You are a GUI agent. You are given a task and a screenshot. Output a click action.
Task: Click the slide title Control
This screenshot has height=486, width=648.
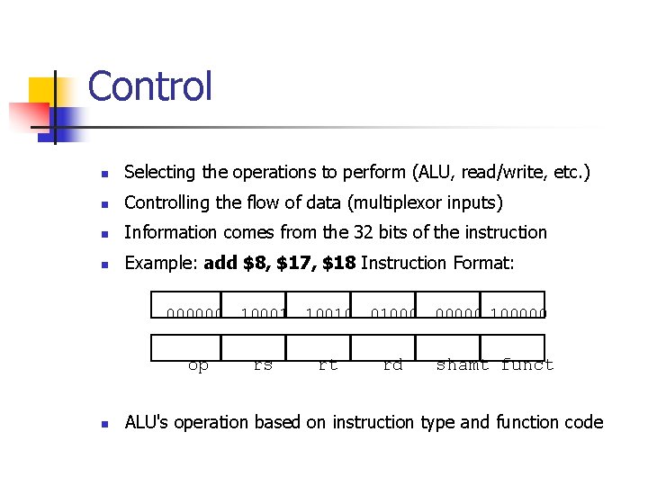[x=150, y=87]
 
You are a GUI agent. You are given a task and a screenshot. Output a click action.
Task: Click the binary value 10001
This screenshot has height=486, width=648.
[x=262, y=314]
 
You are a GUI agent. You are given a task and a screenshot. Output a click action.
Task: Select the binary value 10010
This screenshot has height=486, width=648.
[x=328, y=314]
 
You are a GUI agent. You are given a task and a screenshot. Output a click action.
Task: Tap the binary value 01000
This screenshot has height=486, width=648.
[x=392, y=314]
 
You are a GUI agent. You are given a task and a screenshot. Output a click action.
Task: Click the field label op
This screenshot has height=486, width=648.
[x=198, y=365]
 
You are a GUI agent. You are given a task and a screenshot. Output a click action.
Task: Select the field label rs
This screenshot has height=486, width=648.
[x=263, y=365]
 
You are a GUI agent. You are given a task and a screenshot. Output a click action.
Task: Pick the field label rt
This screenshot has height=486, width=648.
[x=328, y=365]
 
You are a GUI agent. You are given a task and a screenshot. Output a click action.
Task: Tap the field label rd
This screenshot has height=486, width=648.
[x=392, y=365]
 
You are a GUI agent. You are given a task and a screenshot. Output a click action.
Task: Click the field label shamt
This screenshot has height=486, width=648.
[x=463, y=365]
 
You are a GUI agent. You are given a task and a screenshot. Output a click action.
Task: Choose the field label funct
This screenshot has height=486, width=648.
[x=526, y=365]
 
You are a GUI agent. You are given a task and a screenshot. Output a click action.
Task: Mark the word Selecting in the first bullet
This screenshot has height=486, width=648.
[x=157, y=172]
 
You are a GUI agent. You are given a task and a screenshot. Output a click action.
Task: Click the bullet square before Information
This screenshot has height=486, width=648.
[x=104, y=233]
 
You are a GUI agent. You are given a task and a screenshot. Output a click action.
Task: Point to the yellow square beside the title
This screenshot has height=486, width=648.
[x=42, y=91]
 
